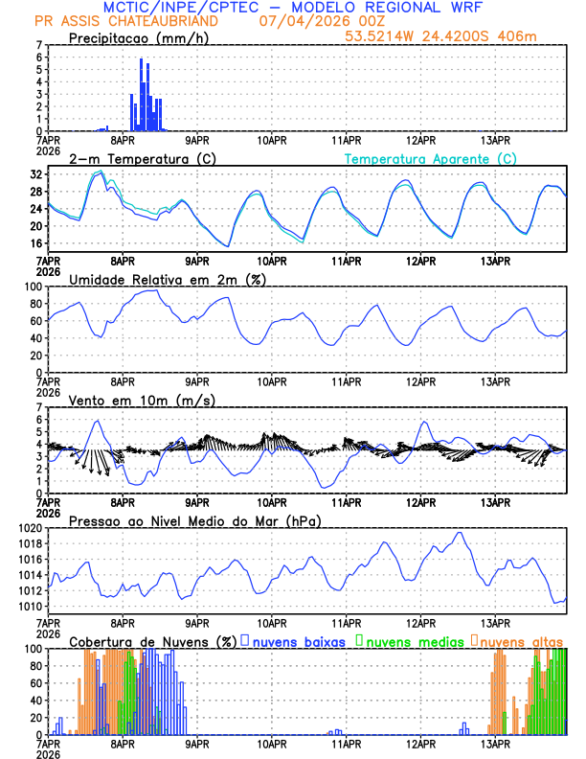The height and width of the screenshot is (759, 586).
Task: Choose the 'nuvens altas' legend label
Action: [x=522, y=640]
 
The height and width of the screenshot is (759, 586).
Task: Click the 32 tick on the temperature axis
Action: [x=36, y=175]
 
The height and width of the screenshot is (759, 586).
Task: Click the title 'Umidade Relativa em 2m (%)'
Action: [x=167, y=279]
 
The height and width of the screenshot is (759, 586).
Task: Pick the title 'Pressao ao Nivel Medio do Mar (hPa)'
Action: [x=194, y=520]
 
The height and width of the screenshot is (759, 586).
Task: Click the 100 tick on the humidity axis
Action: [x=32, y=287]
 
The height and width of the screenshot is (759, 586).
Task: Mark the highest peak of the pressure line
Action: [x=460, y=533]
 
